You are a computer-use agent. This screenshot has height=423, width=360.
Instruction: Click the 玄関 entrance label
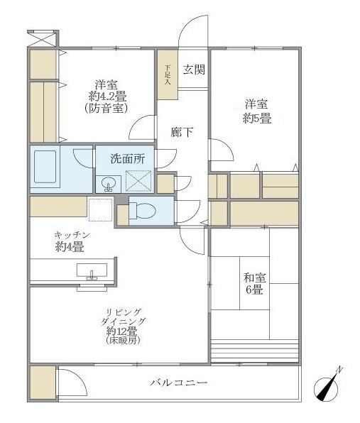[194, 70]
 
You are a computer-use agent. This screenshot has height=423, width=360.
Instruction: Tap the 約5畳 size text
[256, 119]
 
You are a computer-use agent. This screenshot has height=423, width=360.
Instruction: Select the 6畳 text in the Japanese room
[254, 290]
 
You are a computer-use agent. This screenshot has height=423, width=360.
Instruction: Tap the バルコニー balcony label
[178, 383]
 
